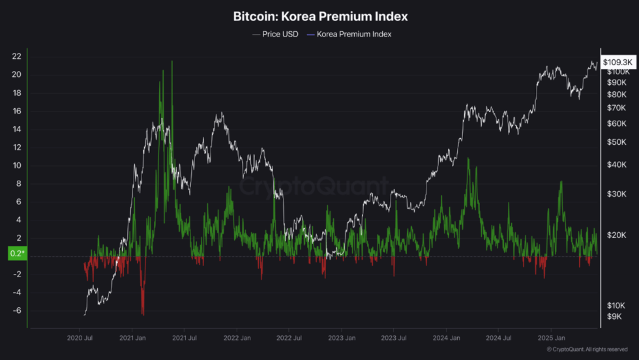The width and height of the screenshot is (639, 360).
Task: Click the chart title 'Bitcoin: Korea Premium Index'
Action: [320, 16]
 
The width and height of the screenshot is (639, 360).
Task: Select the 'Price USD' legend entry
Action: [275, 34]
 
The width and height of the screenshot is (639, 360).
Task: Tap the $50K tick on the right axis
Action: [616, 142]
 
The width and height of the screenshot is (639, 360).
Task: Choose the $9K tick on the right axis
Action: [615, 316]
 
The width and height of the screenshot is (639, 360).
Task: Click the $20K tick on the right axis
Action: [616, 235]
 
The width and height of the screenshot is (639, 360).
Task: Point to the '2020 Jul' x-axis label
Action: [80, 338]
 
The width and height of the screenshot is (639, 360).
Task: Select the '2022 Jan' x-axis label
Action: [237, 338]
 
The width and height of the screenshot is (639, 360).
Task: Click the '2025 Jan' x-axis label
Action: [550, 338]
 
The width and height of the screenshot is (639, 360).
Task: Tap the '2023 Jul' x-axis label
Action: [393, 338]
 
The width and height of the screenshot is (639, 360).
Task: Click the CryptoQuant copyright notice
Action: [587, 350]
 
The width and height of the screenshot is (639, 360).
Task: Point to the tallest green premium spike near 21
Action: [172, 62]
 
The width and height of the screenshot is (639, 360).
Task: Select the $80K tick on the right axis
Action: [616, 95]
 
